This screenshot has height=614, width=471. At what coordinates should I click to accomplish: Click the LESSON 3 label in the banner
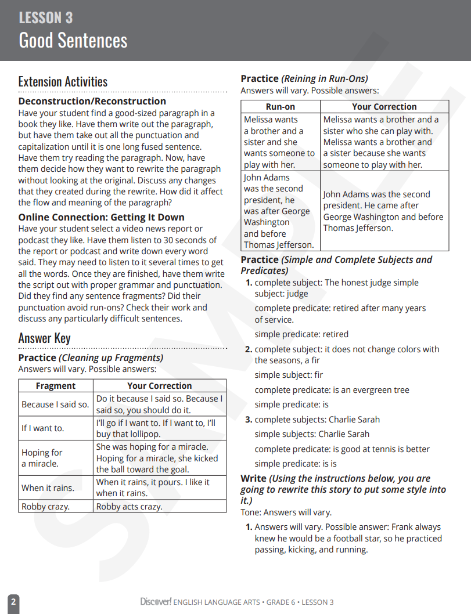pos(46,18)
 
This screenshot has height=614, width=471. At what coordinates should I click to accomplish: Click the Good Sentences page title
pos(73,41)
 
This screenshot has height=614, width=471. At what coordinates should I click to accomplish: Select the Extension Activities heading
pos(63,82)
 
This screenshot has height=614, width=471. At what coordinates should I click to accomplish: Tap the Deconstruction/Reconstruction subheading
pos(92,101)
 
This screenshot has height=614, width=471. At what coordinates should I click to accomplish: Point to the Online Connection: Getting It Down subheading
pos(101,217)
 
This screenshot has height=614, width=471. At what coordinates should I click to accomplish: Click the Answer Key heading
pos(44,338)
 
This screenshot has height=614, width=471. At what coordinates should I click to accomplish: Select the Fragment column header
pos(56,386)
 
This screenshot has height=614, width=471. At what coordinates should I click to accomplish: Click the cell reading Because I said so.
pos(55,404)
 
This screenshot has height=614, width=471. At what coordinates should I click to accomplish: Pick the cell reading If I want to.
pos(43,428)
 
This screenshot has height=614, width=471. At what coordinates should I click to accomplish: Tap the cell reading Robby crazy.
pos(45,506)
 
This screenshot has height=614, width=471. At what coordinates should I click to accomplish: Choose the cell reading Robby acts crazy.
pos(130,506)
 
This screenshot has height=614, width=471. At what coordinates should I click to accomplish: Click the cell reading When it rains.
pos(48,487)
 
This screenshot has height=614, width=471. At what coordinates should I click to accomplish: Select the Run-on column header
pos(281,107)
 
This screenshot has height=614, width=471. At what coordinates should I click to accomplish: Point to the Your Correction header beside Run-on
pos(384,107)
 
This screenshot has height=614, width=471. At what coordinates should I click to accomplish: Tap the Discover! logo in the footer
pos(156,602)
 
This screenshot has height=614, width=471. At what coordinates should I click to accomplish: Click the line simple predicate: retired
pos(301,334)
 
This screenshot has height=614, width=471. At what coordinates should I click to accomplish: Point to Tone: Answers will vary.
pos(286,512)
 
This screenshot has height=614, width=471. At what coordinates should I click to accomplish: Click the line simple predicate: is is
pos(296,464)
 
